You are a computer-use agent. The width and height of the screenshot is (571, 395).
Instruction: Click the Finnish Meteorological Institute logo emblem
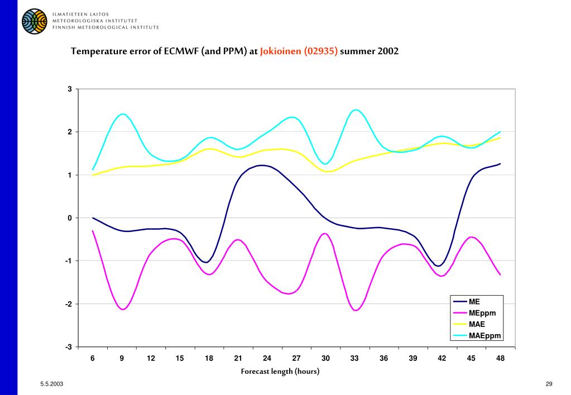pos(35,21)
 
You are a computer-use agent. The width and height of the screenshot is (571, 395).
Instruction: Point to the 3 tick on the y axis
pos(70,89)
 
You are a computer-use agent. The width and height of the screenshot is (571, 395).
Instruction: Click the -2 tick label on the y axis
pos(69,304)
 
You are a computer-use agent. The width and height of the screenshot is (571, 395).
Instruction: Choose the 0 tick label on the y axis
pos(70,218)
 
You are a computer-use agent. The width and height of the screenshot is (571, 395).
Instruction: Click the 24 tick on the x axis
pos(267,358)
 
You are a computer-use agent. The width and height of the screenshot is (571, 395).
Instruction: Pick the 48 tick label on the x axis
pos(500,358)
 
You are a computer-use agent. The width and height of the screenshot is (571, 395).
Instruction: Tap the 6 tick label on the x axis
pos(93,358)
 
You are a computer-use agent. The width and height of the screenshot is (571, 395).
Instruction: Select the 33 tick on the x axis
pos(354,358)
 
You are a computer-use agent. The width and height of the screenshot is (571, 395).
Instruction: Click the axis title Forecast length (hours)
pos(280,372)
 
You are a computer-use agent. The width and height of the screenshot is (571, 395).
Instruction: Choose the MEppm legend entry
pos(482,313)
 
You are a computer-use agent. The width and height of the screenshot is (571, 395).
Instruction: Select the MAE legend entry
pos(477,324)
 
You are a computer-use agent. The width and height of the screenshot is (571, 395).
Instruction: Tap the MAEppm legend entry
pos(484,335)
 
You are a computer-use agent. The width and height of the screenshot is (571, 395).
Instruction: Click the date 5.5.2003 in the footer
pos(51,384)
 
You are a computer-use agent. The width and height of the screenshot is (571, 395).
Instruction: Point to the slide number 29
pos(549,384)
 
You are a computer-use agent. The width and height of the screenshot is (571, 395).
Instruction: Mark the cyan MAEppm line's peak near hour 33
pos(355,110)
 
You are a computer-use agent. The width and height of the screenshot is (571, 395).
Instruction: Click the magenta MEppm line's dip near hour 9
pos(122,309)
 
